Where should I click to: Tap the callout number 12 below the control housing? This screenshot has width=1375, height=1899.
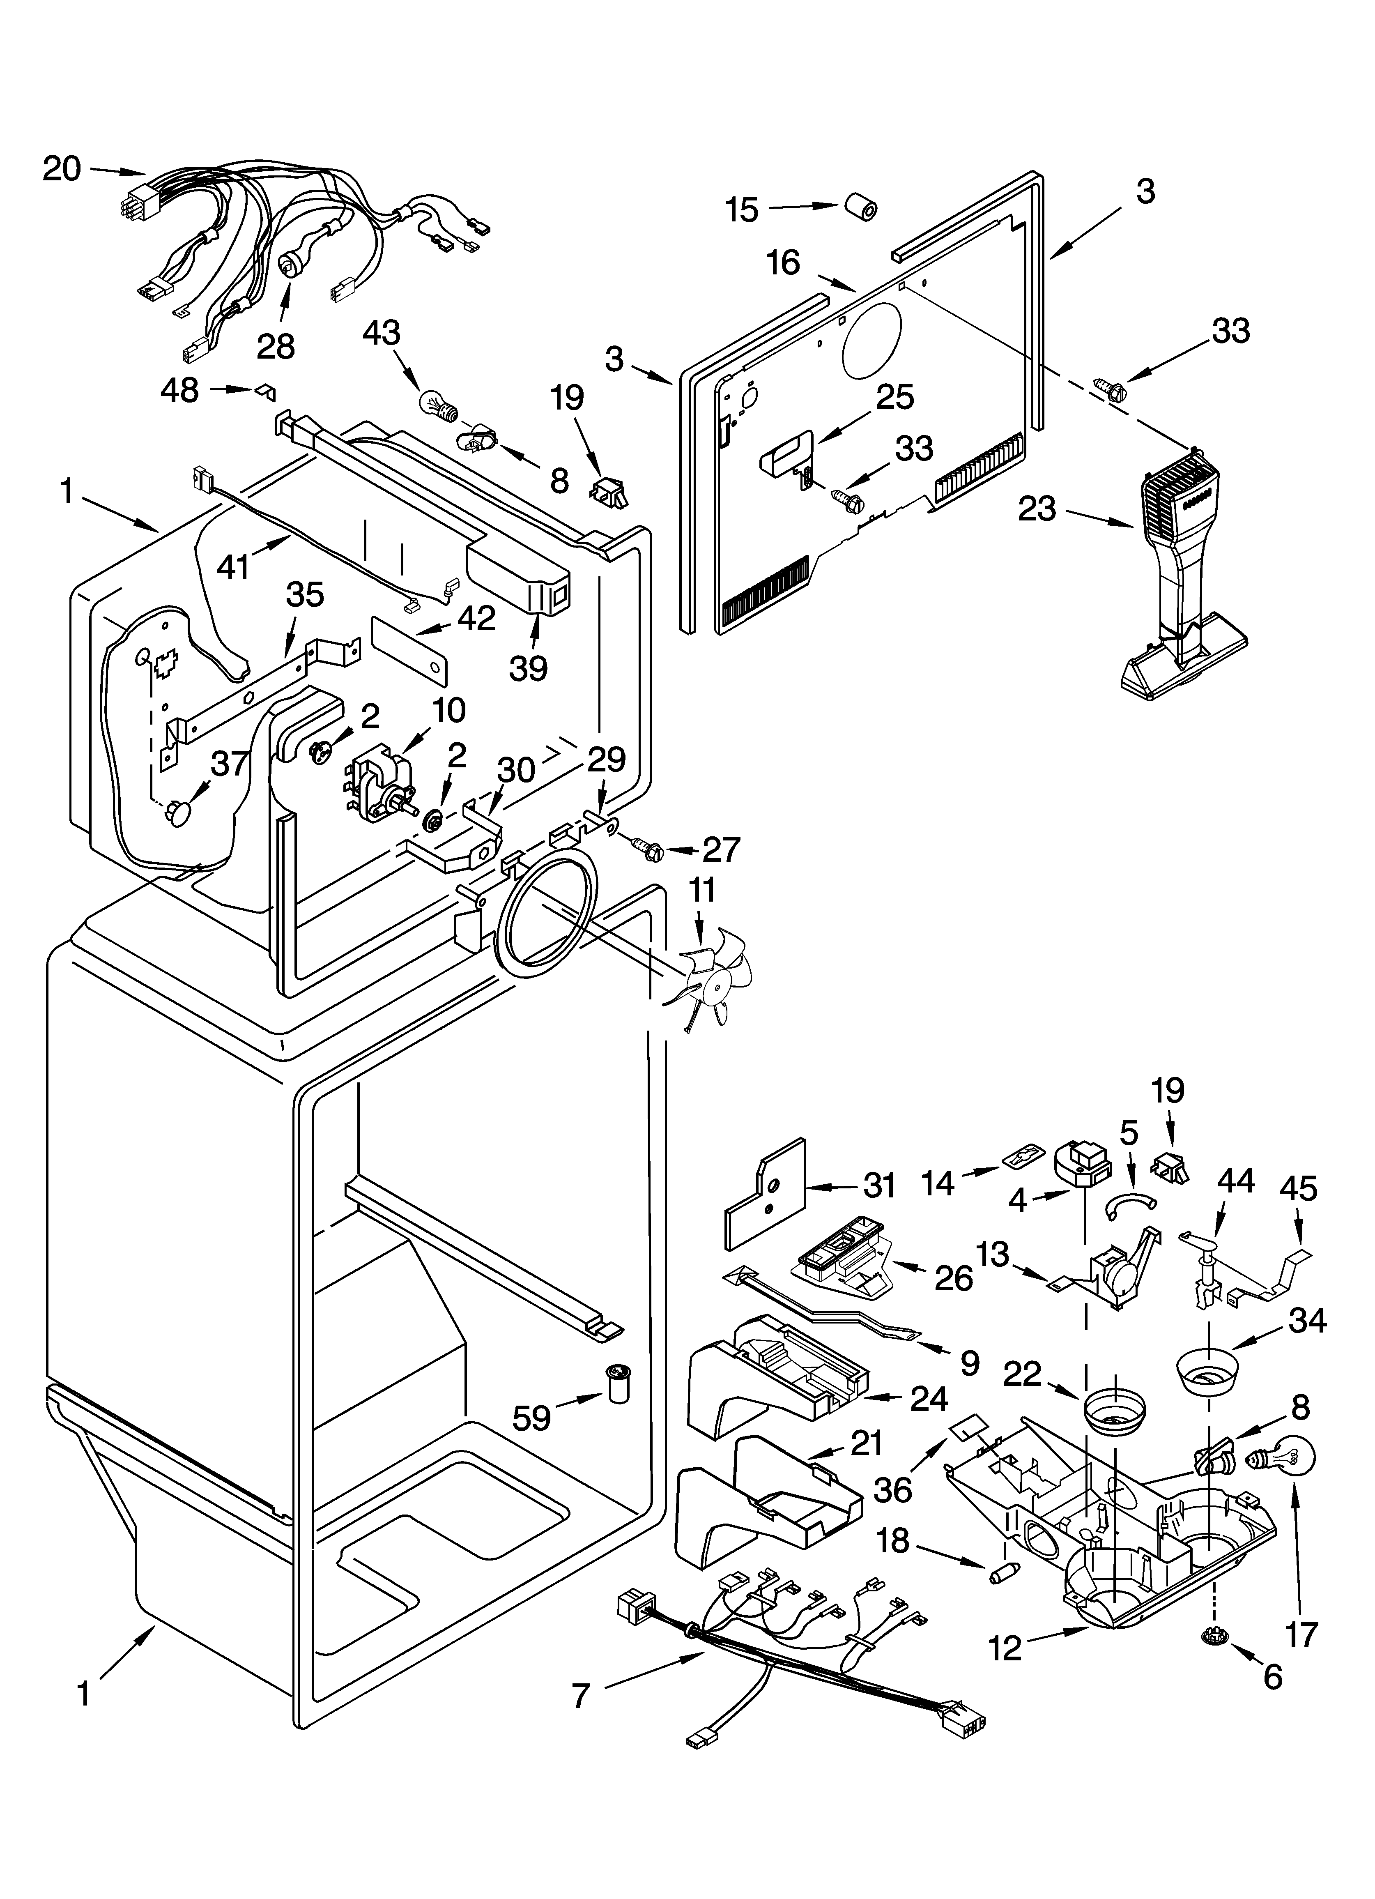coord(1005,1648)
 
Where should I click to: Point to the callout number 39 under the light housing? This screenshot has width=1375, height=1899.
coord(529,668)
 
